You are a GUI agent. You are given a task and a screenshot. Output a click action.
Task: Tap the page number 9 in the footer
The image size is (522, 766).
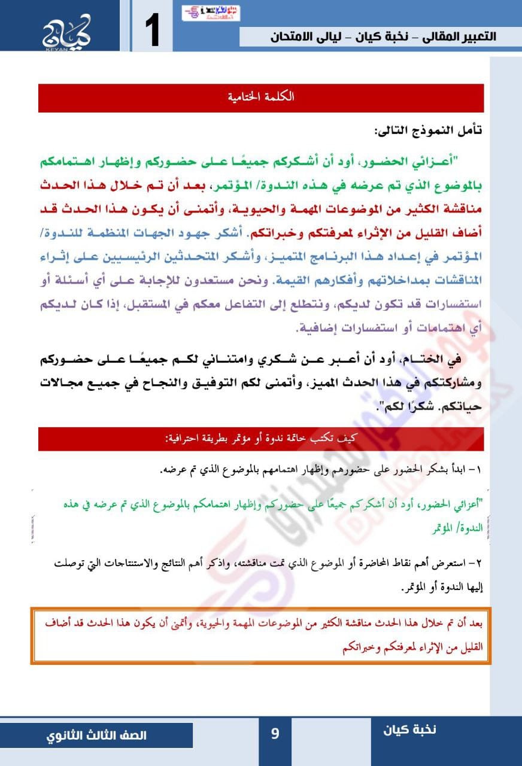click(x=275, y=733)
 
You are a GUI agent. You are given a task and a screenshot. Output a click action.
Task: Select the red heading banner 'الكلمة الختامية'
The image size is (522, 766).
click(x=261, y=98)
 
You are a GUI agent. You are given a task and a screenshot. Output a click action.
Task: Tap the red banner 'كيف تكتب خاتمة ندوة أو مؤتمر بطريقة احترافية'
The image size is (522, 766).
click(x=261, y=439)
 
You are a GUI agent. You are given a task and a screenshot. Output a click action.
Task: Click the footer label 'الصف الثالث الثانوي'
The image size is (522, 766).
click(x=96, y=735)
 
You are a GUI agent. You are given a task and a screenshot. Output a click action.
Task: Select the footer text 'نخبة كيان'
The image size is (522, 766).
click(x=410, y=729)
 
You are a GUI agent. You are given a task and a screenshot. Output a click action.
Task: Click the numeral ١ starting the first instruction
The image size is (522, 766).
click(x=478, y=470)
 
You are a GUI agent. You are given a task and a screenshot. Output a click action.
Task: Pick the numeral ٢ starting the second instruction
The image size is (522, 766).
click(x=478, y=564)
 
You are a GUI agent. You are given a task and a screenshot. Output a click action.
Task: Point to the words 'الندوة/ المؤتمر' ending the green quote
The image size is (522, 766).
click(x=455, y=530)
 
